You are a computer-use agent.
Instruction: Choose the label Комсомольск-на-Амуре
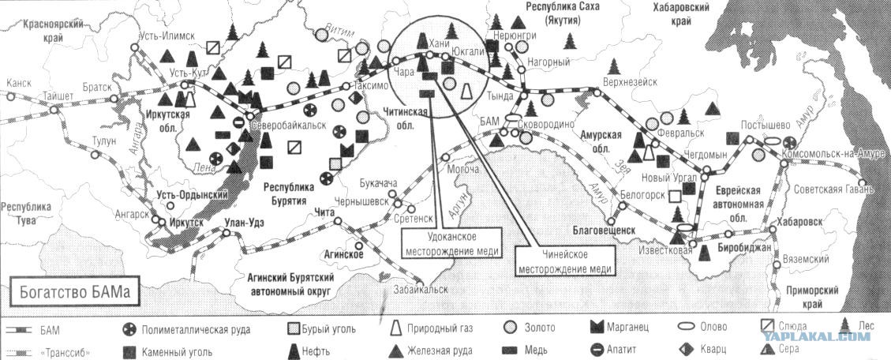pos(833,155)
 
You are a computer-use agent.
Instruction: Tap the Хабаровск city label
pos(800,222)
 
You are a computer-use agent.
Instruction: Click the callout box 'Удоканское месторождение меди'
pos(451,243)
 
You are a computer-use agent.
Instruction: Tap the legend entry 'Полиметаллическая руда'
pos(187,329)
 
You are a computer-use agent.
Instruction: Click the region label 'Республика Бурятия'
pos(288,193)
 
